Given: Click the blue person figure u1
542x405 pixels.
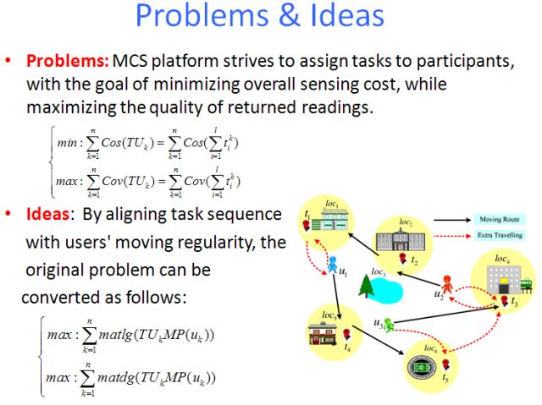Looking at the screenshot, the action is [332, 264].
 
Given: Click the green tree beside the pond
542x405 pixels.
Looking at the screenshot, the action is [367, 287].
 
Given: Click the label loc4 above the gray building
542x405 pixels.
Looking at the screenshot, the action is [502, 257].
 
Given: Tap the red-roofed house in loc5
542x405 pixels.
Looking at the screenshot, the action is [327, 334].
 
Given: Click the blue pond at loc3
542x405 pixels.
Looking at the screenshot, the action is [391, 287].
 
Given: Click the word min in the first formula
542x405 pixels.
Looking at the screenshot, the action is [66, 144].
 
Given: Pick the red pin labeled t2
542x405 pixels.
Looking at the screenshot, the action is [403, 256].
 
